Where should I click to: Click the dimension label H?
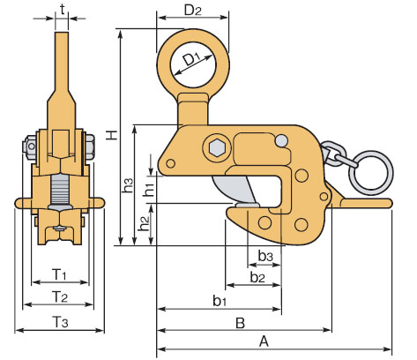pos(112,135)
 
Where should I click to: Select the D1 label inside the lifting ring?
pos(191,60)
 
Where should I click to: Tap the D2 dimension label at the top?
pos(193,11)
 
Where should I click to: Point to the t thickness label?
pos(63,10)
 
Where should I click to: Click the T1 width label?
pos(60,274)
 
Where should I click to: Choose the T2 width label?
pos(60,296)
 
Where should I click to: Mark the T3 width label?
pos(60,321)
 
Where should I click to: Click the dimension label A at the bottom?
pos(264,341)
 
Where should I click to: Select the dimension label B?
pos(240,323)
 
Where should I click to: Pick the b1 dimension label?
pos(220,301)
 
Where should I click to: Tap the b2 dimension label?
pos(257,277)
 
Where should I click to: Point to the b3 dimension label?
pos(265,256)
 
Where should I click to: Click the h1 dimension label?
pos(150,190)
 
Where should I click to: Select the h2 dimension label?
pos(144,224)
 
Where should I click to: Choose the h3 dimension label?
pos(127,185)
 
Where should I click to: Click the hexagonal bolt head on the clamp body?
pos(217,148)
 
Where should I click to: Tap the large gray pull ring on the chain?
pos(373,173)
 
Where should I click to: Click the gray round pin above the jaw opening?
pos(282,140)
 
